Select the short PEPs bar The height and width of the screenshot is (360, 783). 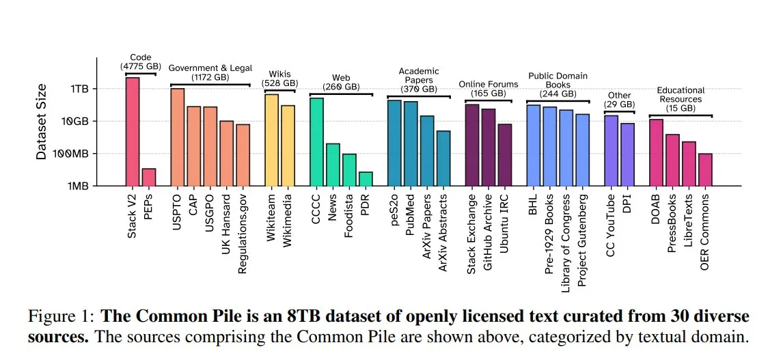pyautogui.click(x=149, y=177)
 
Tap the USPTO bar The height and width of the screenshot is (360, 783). pyautogui.click(x=178, y=137)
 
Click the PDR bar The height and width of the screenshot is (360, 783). pyautogui.click(x=366, y=179)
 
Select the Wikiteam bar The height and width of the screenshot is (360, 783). pyautogui.click(x=271, y=139)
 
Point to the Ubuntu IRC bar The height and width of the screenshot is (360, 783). pyautogui.click(x=505, y=154)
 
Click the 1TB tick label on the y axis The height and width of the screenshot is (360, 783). pyautogui.click(x=79, y=89)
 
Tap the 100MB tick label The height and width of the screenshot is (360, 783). pyautogui.click(x=75, y=154)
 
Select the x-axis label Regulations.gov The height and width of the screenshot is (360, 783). pyautogui.click(x=243, y=233)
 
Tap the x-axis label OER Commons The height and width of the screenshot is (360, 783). pyautogui.click(x=705, y=232)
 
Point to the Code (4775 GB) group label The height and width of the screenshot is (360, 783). pyautogui.click(x=140, y=62)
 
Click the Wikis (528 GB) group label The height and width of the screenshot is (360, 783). pyautogui.click(x=279, y=78)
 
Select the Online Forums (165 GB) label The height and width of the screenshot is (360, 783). pyautogui.click(x=488, y=89)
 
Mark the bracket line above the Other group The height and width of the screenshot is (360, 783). pyautogui.click(x=619, y=112)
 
